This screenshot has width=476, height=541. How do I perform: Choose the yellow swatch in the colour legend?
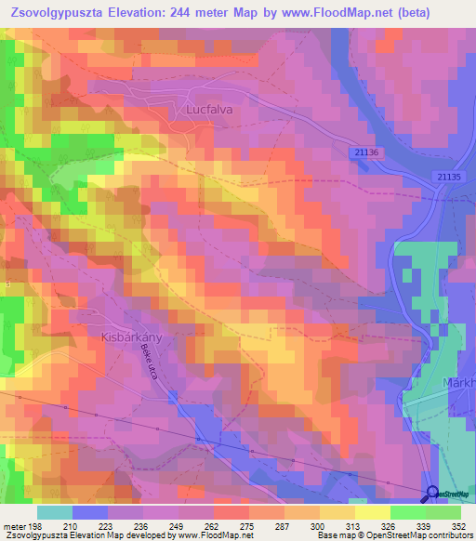point(337,512)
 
